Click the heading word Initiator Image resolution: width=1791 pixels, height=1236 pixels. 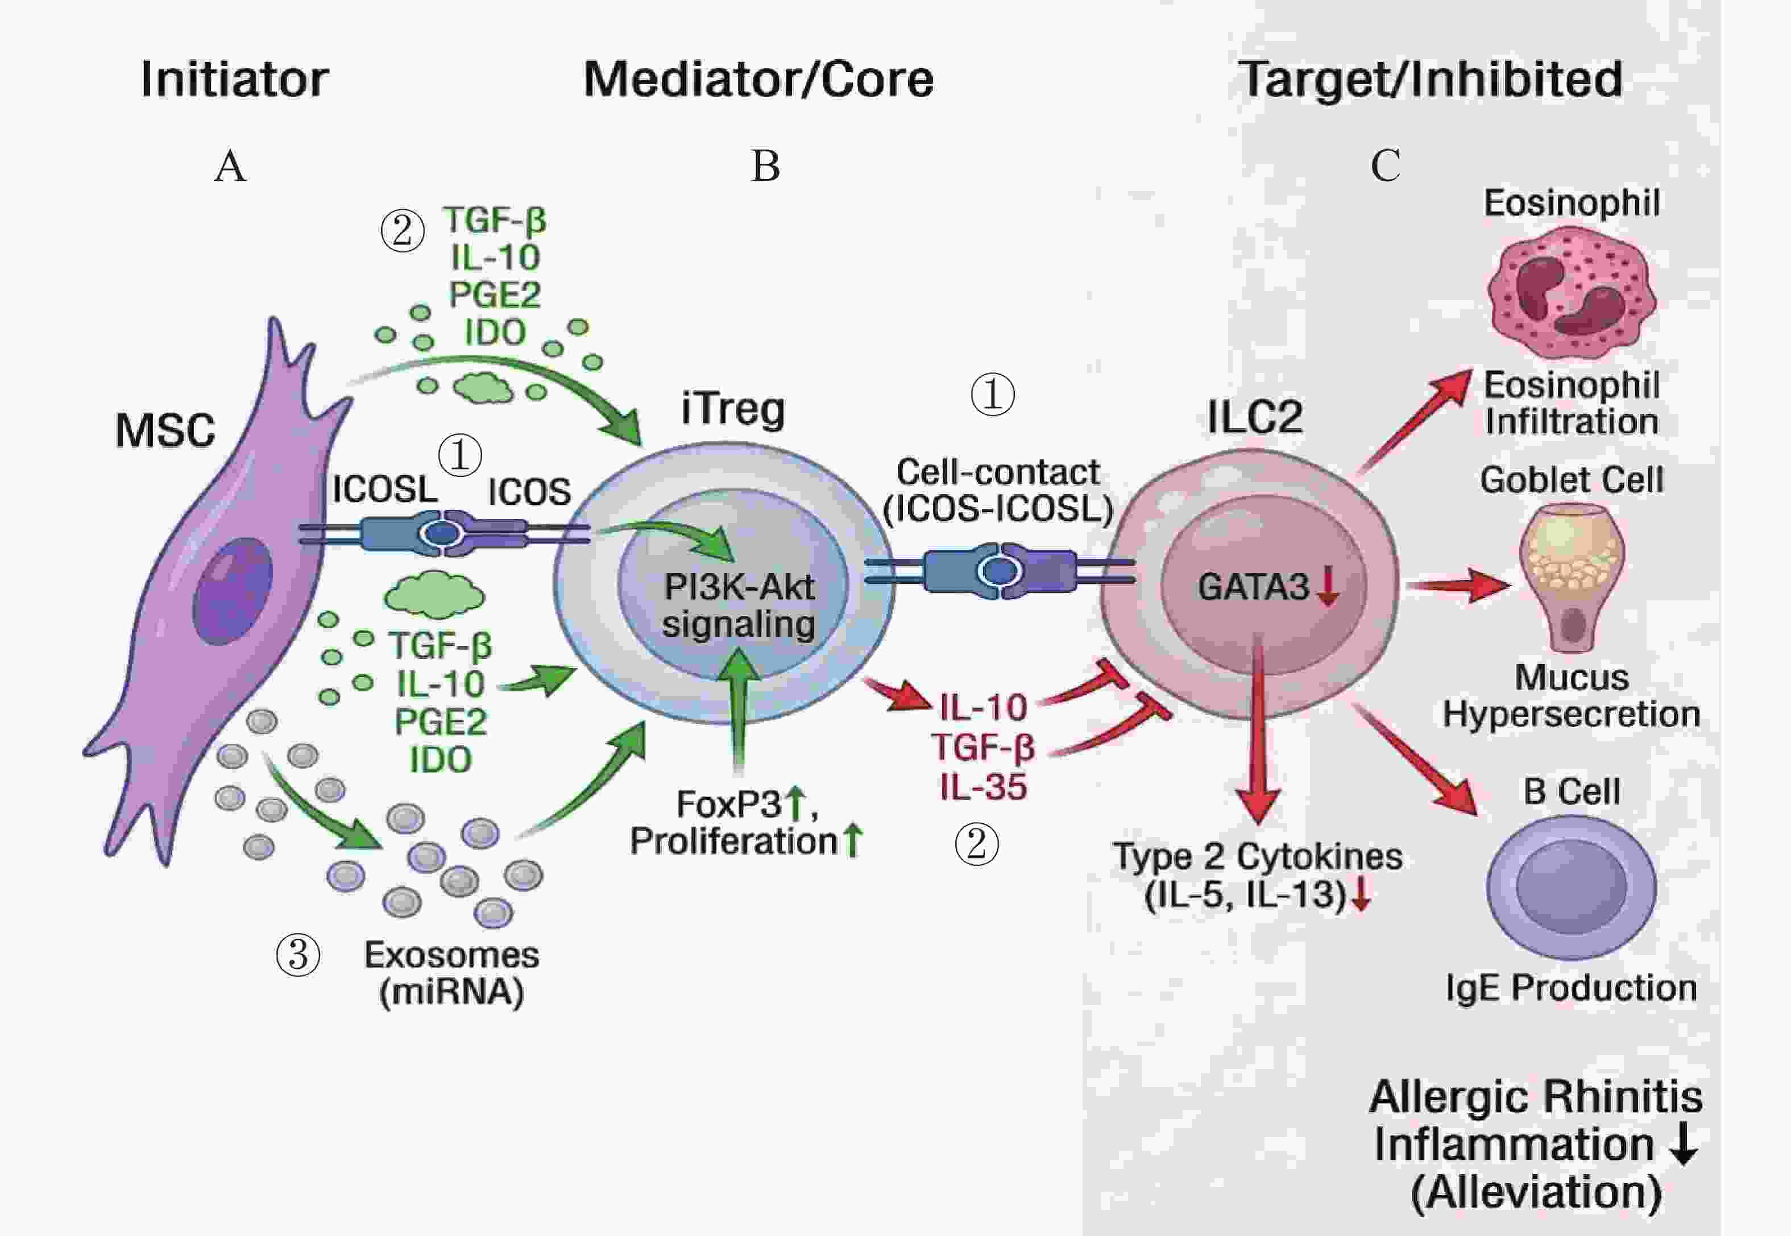(x=235, y=80)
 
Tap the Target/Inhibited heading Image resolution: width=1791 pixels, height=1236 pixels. (x=1430, y=80)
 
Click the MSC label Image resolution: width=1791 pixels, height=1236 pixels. (x=165, y=430)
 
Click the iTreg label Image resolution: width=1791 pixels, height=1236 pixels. (x=732, y=409)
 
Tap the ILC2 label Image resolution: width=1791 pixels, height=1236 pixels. (x=1254, y=417)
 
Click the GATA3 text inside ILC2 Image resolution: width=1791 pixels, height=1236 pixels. (x=1253, y=587)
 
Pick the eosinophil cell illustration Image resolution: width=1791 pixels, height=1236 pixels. (x=1572, y=293)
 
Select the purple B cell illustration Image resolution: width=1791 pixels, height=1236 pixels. (x=1570, y=887)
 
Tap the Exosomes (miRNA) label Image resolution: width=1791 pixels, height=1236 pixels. (x=451, y=973)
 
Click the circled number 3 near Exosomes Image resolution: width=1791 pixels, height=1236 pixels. (x=298, y=955)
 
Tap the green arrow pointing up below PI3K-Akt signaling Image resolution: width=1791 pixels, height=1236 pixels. (x=740, y=708)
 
